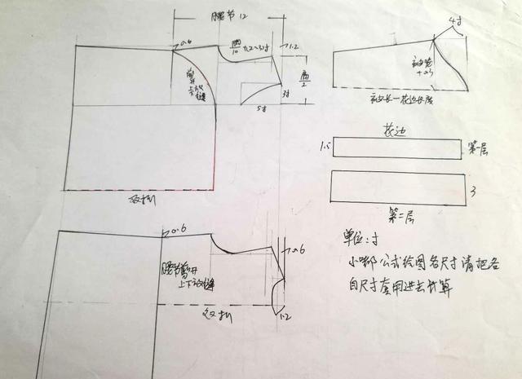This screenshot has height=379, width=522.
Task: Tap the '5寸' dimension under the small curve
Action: [x=262, y=108]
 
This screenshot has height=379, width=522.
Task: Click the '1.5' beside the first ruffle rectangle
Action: [x=325, y=148]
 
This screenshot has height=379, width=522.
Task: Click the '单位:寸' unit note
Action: [x=360, y=242]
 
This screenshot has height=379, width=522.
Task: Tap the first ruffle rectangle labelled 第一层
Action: [x=397, y=148]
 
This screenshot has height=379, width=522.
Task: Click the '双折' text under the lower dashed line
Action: [x=212, y=311]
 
